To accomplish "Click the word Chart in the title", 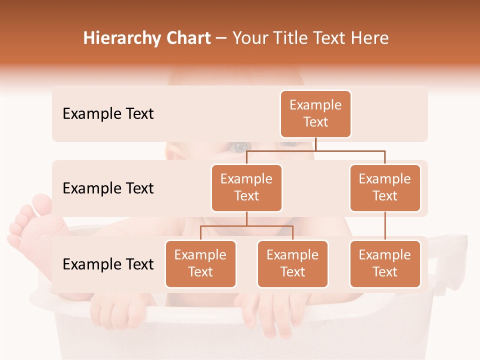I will tap(188, 38).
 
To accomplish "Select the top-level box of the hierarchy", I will tap(315, 114).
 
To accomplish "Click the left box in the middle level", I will tap(246, 188).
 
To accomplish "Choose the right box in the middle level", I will tap(385, 188).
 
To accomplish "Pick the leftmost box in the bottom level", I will tap(200, 264).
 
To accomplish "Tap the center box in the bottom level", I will tap(292, 264).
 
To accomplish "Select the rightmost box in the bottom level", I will tap(385, 264).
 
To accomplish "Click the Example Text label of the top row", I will tap(108, 114).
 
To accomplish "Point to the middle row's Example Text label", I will tap(108, 188).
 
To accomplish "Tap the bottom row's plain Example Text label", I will tap(108, 264).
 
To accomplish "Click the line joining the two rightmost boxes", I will tap(385, 226).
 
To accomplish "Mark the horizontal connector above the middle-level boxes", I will tap(315, 150).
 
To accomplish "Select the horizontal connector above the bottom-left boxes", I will tap(246, 226).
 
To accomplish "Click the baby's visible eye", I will tap(240, 147).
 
